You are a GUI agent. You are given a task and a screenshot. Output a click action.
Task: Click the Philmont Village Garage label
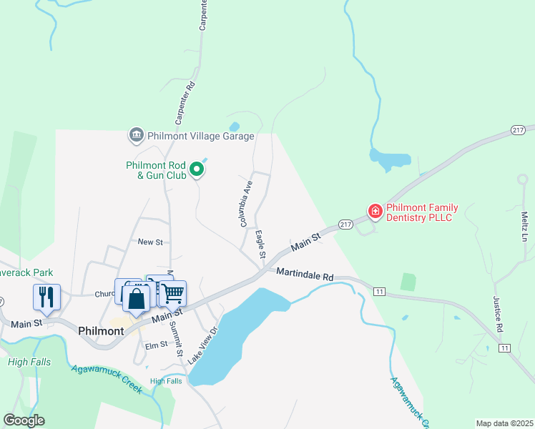click(200, 136)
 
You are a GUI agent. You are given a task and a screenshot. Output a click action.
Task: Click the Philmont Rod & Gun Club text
click(156, 169)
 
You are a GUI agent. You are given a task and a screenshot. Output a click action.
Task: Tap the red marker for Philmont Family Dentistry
click(375, 211)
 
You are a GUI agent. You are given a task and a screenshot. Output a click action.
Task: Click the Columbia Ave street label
click(247, 204)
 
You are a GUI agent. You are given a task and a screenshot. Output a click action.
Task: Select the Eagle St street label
click(262, 245)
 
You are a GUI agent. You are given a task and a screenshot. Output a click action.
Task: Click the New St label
click(151, 242)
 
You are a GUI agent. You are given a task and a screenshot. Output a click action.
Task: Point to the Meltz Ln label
click(525, 225)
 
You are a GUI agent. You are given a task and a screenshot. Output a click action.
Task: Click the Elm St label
click(155, 346)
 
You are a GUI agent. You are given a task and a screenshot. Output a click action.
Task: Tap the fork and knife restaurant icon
click(46, 296)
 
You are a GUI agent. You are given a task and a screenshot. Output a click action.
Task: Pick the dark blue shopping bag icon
click(137, 299)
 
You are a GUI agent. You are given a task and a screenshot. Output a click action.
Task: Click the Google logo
click(24, 420)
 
